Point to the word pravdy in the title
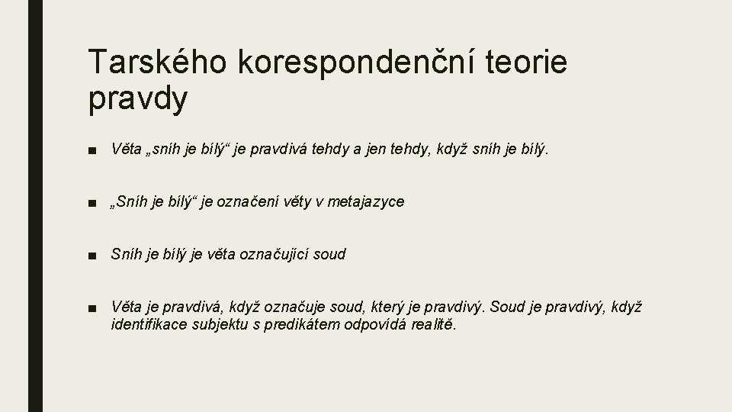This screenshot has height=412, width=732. pos(137,100)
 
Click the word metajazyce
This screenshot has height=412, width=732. pos(368,202)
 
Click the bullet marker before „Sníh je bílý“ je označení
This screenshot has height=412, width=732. pos(91,203)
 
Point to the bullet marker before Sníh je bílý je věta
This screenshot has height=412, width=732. pos(91,255)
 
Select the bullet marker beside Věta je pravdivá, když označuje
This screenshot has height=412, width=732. pos(91,307)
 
